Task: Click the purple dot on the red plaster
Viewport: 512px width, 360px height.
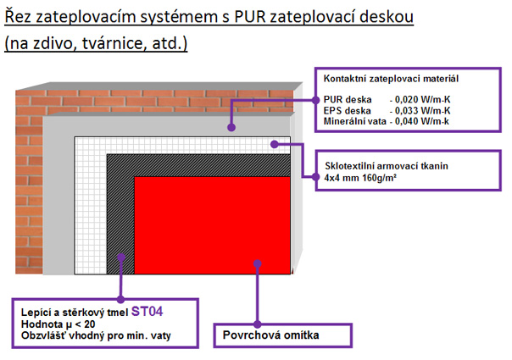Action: click(x=255, y=264)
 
